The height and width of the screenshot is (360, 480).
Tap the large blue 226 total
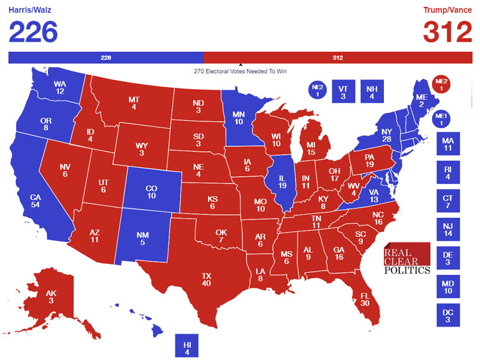point(33,33)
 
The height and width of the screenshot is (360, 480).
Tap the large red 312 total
point(447,33)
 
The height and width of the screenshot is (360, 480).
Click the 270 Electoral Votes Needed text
point(240,71)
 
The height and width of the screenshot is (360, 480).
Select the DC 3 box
point(447,315)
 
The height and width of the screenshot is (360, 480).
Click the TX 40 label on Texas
point(206,279)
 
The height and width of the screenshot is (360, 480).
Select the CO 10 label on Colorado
point(151,192)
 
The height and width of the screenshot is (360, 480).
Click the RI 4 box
point(447,172)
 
